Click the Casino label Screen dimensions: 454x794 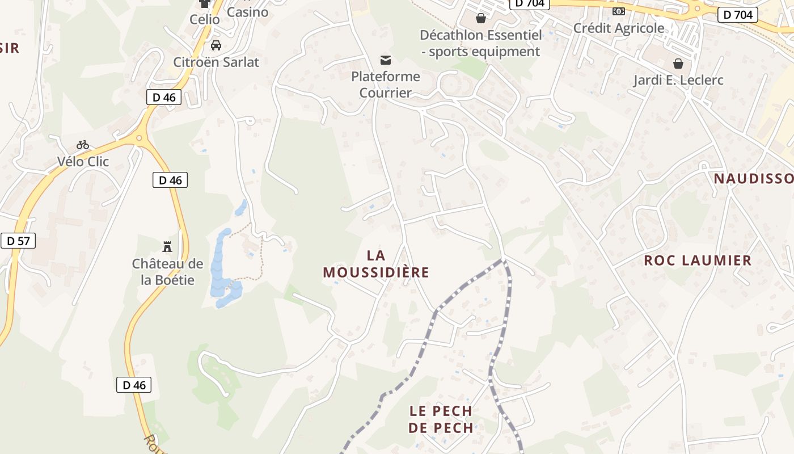(247, 12)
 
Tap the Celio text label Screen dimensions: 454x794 (205, 19)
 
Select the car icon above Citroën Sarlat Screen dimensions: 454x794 (216, 45)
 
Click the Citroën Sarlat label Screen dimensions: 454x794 (216, 62)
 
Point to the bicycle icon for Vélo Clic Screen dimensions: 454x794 (83, 145)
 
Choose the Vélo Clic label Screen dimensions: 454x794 (83, 162)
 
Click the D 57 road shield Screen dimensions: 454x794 (18, 241)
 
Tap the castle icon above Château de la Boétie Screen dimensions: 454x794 (167, 246)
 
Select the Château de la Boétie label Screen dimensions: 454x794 (167, 272)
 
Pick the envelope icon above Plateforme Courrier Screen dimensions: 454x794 (386, 60)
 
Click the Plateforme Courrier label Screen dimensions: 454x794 (386, 84)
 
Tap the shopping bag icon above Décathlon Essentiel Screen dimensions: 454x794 (481, 18)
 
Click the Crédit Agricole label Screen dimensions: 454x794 (619, 28)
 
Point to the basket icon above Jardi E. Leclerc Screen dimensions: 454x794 (678, 63)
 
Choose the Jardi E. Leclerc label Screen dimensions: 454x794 (678, 80)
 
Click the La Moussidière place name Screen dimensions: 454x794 (376, 264)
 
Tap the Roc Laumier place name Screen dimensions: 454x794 (698, 260)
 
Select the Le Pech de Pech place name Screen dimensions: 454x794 (441, 419)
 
